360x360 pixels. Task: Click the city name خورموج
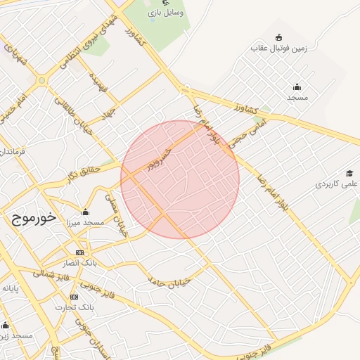(x=34, y=218)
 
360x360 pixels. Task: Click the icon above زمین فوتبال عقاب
(x=279, y=37)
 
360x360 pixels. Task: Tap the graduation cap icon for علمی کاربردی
(x=349, y=173)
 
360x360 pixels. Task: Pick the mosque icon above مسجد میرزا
(x=85, y=212)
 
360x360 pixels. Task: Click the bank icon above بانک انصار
(x=79, y=252)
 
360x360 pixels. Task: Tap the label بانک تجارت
(x=77, y=307)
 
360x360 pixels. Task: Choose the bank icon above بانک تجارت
(x=75, y=297)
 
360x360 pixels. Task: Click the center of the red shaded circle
(x=180, y=179)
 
